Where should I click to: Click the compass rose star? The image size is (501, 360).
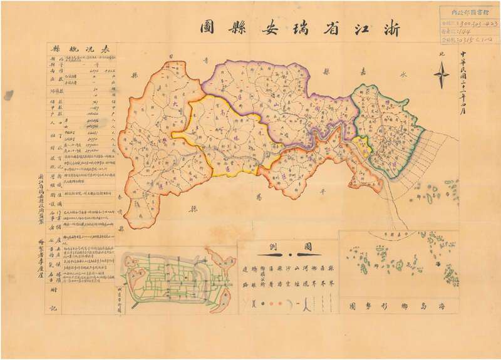441,76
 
